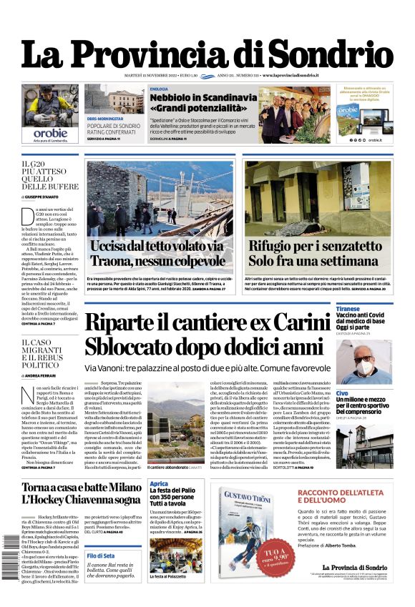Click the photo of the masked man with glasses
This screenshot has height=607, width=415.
(363, 362)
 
